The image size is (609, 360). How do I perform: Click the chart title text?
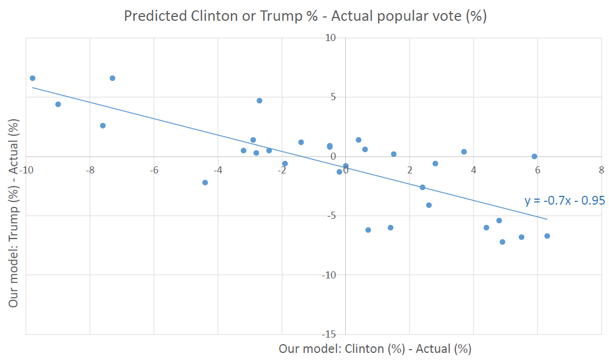coord(305,16)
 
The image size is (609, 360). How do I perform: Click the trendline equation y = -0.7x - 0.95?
coord(564,201)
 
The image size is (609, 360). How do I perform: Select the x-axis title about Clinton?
coord(375,349)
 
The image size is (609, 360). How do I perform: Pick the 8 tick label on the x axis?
coord(601,170)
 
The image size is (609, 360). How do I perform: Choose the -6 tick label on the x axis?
coord(154,170)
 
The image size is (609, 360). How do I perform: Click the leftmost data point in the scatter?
coord(32,78)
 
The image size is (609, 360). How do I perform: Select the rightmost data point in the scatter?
coord(547,236)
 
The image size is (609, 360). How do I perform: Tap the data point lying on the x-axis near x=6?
coord(535,156)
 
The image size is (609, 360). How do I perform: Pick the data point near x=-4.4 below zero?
coord(205,182)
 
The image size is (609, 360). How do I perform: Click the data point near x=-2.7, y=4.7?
coord(259,101)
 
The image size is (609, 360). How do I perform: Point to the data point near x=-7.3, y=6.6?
coord(112,78)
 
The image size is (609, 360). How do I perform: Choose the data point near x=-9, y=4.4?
coord(58,104)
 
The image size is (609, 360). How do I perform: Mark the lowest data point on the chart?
coord(502,242)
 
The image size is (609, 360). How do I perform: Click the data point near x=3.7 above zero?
coord(464,152)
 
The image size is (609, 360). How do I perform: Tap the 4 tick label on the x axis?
coord(473,170)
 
